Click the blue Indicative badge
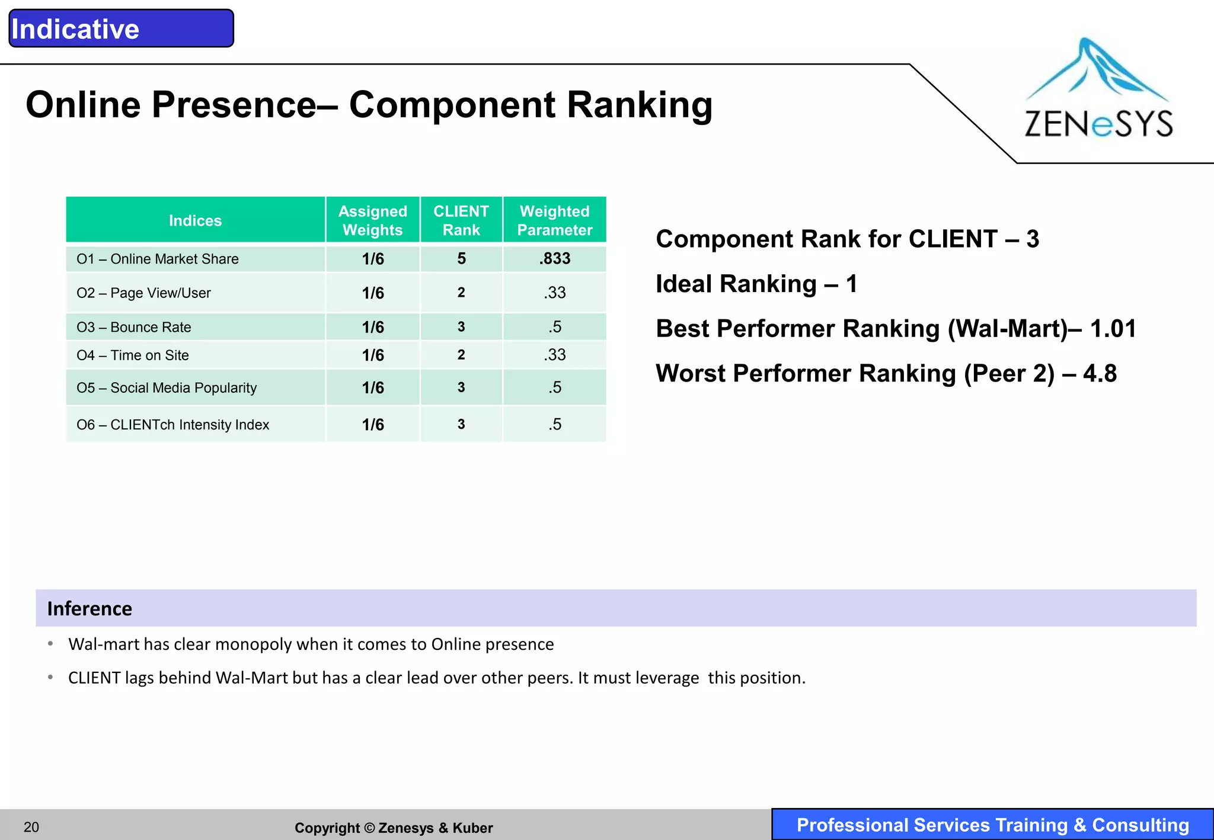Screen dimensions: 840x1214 click(x=121, y=28)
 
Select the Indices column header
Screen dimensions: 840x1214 click(x=195, y=220)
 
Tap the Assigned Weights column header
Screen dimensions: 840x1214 click(x=372, y=220)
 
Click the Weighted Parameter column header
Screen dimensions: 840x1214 click(x=554, y=220)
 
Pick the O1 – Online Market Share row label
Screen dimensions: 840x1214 click(x=158, y=259)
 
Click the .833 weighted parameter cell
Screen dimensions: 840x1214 click(x=555, y=258)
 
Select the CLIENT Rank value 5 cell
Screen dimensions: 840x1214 click(x=461, y=258)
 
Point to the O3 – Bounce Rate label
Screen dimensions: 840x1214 click(x=134, y=327)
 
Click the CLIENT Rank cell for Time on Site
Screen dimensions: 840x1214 click(x=461, y=355)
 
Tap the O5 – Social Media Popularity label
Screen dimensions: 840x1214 click(x=167, y=388)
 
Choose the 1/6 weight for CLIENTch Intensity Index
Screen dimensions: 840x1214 click(x=373, y=425)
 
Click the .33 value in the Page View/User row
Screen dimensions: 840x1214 click(x=555, y=293)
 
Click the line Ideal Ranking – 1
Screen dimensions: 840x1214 click(x=756, y=284)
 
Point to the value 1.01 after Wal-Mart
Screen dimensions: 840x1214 click(x=1113, y=329)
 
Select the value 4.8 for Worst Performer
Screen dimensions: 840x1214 click(x=1100, y=374)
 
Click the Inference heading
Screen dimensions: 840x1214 click(x=90, y=608)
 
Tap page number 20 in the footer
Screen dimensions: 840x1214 click(x=31, y=827)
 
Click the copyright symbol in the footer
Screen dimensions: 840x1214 click(x=369, y=828)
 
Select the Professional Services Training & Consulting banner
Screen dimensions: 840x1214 click(x=992, y=825)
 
